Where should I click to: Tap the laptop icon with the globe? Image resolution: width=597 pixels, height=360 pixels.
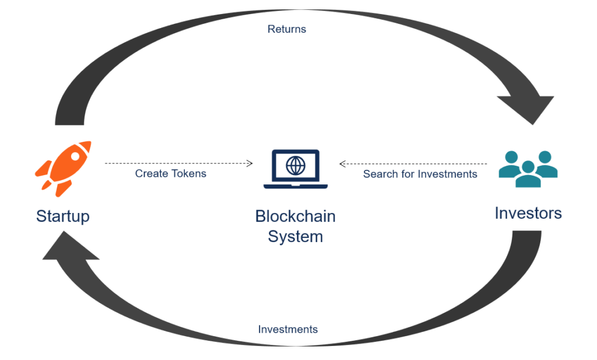coord(295,169)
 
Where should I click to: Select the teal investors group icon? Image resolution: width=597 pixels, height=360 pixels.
coord(528,169)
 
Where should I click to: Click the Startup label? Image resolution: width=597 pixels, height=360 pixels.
coord(62,216)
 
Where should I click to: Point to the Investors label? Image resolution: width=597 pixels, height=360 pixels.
coord(528,213)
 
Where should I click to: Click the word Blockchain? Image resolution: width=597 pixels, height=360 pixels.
coord(295,216)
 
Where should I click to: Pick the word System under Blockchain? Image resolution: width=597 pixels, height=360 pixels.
coord(295,236)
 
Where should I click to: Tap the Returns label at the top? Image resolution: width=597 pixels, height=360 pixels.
coord(287,29)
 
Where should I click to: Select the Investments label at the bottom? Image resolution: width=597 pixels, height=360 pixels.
coord(288,330)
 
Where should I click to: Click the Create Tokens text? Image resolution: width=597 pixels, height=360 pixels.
coord(171,173)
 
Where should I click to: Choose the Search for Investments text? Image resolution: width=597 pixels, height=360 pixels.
coord(420,174)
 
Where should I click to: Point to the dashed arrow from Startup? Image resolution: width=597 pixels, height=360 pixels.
coord(178,163)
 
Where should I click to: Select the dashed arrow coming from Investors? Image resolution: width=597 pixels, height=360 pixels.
coord(413,164)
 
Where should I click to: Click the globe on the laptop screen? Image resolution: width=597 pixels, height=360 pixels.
coord(295,165)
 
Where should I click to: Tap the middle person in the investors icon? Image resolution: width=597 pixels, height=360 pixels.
coord(528,174)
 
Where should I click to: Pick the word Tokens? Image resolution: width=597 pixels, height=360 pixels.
coord(188,173)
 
